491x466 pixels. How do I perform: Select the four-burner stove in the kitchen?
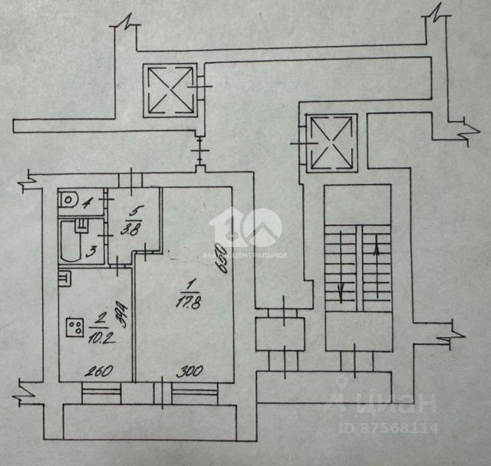point(75,329)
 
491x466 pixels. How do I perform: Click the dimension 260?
point(98,372)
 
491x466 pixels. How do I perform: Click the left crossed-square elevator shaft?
point(167,90)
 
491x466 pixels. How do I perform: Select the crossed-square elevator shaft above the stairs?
point(331,143)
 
